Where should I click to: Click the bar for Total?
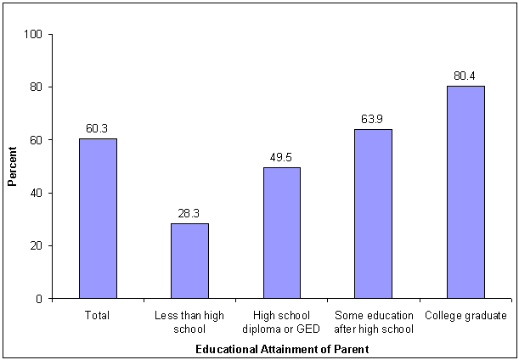click(x=98, y=218)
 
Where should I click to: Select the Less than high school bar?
click(x=189, y=261)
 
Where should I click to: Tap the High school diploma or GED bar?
click(x=281, y=233)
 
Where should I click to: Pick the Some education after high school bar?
click(x=373, y=214)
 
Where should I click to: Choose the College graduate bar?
click(x=465, y=192)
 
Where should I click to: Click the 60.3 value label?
click(x=98, y=128)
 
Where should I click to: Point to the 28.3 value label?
click(x=189, y=213)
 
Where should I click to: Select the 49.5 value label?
click(x=281, y=157)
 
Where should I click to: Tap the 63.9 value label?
click(x=373, y=119)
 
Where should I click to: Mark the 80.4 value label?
click(x=465, y=76)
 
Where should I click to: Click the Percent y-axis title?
click(x=13, y=167)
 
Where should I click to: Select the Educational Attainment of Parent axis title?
click(x=282, y=349)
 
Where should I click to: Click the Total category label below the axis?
click(x=98, y=316)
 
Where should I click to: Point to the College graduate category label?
click(x=465, y=316)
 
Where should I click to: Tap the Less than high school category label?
click(x=189, y=322)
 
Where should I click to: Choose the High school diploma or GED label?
click(x=281, y=322)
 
